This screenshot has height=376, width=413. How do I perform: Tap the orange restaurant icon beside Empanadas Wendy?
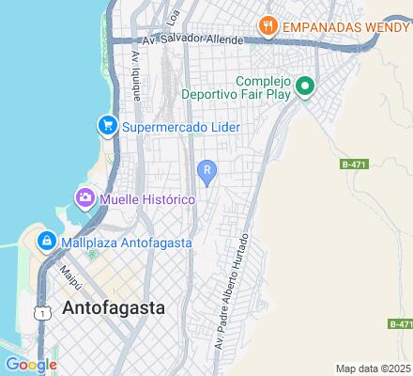[268, 26]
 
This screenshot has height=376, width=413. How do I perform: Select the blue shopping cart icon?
[108, 125]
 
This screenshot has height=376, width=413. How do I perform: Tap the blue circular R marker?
[206, 169]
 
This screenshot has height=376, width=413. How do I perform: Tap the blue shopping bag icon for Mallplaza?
[45, 243]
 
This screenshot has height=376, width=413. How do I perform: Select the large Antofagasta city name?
[113, 308]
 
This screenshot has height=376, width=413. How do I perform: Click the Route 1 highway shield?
[41, 312]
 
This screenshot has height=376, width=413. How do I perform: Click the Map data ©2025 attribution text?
[374, 368]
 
